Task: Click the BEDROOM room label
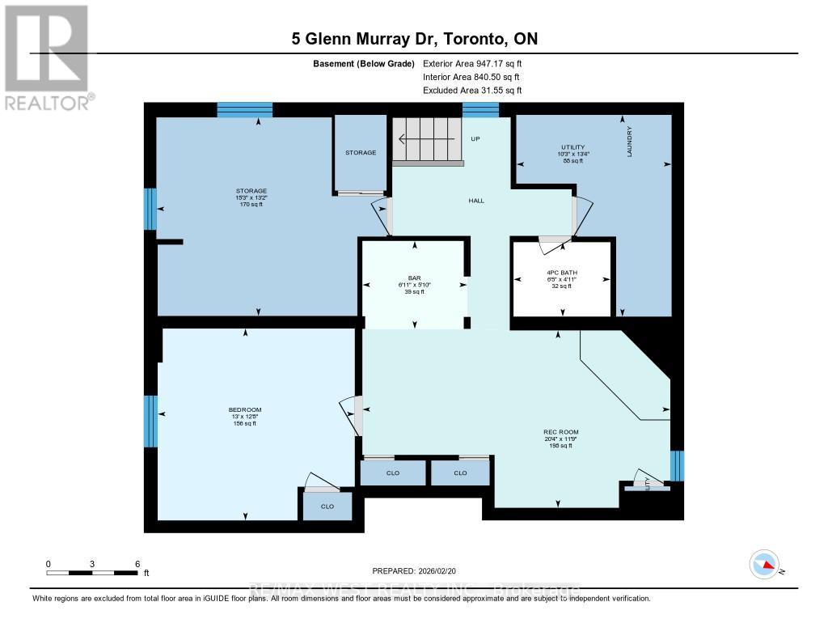[x=244, y=409]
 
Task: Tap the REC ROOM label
[x=558, y=431]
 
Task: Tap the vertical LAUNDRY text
[x=629, y=142]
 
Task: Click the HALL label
[x=475, y=201]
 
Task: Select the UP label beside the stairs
[x=475, y=139]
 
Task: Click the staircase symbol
[x=429, y=140]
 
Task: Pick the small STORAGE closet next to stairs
[x=361, y=152]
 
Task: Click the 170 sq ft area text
[x=251, y=205]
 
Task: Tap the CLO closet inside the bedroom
[x=327, y=506]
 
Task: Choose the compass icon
[x=764, y=564]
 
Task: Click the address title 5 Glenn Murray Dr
[x=413, y=39]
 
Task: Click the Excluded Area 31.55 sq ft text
[x=472, y=91]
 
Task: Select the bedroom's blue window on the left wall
[x=150, y=421]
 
